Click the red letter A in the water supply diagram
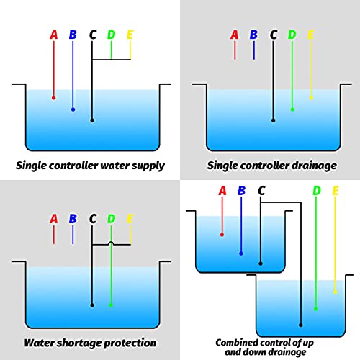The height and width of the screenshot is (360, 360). pyautogui.click(x=54, y=35)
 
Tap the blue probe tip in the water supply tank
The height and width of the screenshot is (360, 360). pyautogui.click(x=73, y=109)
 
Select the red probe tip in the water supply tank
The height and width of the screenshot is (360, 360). pyautogui.click(x=54, y=98)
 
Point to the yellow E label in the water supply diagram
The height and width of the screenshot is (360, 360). pyautogui.click(x=130, y=35)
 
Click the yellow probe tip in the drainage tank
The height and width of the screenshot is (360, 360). pyautogui.click(x=311, y=98)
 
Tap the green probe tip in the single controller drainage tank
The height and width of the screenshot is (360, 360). pyautogui.click(x=292, y=109)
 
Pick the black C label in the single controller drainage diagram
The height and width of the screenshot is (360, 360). pyautogui.click(x=274, y=35)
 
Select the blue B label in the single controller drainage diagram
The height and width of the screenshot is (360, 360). pyautogui.click(x=253, y=35)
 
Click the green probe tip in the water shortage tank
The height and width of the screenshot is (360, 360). pyautogui.click(x=111, y=305)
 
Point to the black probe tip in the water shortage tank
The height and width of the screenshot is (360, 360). pyautogui.click(x=92, y=305)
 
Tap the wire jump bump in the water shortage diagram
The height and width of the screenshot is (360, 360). pyautogui.click(x=111, y=243)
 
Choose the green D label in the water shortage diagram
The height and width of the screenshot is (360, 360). pyautogui.click(x=111, y=219)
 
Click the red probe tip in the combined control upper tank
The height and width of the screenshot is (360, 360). pyautogui.click(x=222, y=235)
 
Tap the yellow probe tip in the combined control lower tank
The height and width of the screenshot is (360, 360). pyautogui.click(x=336, y=292)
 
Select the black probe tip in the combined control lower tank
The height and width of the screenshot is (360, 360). pyautogui.click(x=300, y=325)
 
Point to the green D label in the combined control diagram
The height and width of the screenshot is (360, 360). pyautogui.click(x=317, y=191)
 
